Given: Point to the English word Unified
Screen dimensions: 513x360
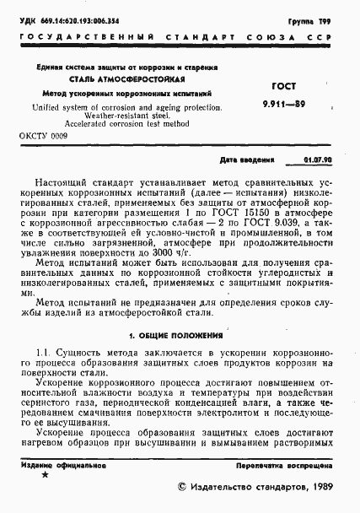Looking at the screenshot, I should click(x=51, y=108).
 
